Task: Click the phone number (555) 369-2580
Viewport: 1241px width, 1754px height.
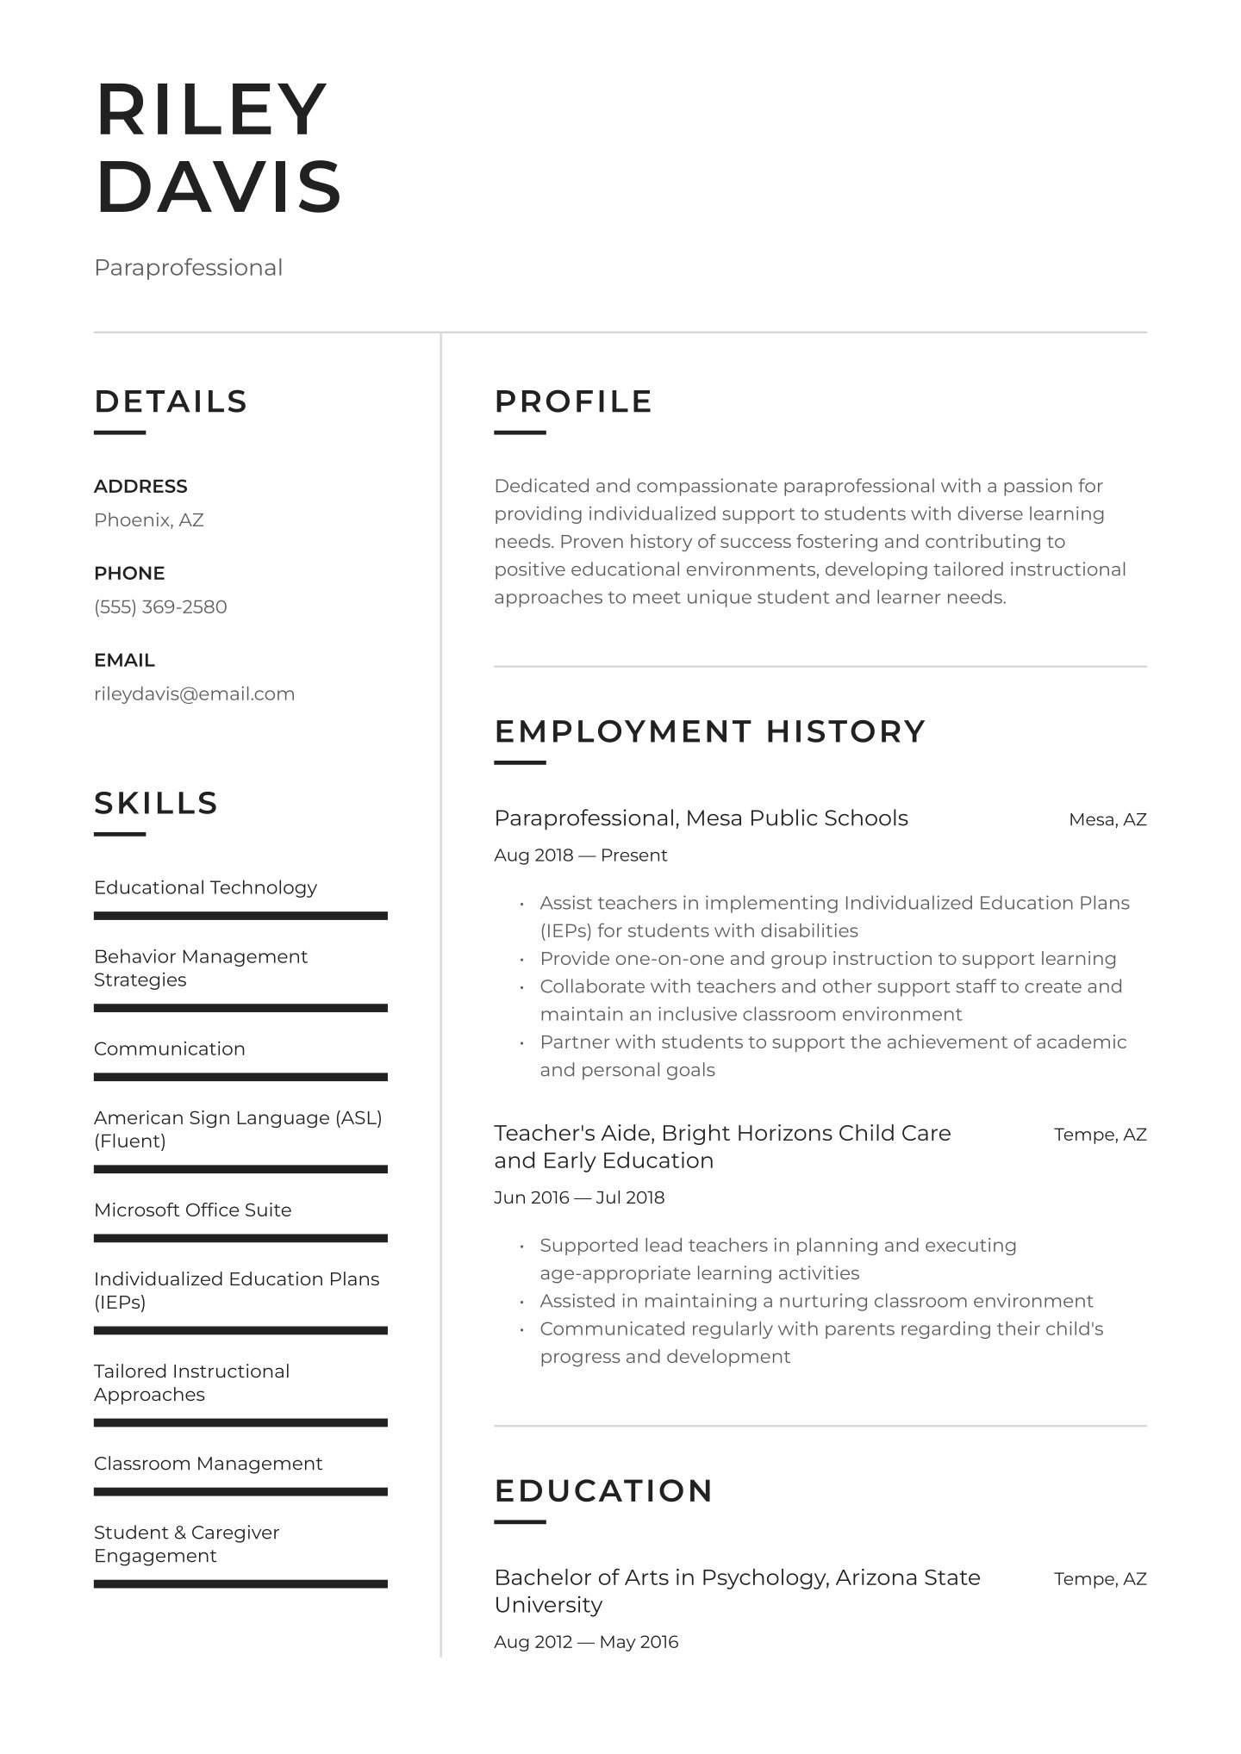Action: [x=160, y=606]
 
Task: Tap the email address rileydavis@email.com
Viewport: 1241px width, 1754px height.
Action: [x=194, y=694]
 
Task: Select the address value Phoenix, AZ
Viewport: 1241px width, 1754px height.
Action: [x=149, y=519]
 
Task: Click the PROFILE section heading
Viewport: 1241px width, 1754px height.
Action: [x=573, y=401]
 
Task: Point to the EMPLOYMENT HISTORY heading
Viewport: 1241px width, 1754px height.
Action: [x=709, y=731]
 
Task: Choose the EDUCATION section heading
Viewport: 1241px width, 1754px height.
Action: [x=603, y=1490]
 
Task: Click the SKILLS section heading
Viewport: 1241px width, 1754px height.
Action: [x=156, y=803]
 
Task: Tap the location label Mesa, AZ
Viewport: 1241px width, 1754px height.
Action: [x=1107, y=819]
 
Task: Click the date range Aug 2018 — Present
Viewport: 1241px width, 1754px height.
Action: [x=581, y=855]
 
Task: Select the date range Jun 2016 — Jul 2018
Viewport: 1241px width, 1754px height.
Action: [x=579, y=1197]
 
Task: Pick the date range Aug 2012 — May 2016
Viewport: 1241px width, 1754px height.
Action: [x=586, y=1641]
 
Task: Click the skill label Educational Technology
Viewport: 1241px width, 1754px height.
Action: [x=205, y=887]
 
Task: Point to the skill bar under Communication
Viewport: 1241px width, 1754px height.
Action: [x=240, y=1077]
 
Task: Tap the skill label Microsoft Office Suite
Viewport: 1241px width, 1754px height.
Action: [x=192, y=1210]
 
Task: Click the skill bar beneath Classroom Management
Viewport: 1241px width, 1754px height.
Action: [x=240, y=1491]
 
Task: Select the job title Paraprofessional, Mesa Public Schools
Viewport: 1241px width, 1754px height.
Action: [x=701, y=818]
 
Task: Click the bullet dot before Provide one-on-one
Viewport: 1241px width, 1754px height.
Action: [x=521, y=960]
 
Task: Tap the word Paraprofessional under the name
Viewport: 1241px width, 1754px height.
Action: [x=188, y=267]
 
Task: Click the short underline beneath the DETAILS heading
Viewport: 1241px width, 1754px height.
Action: [x=120, y=432]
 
